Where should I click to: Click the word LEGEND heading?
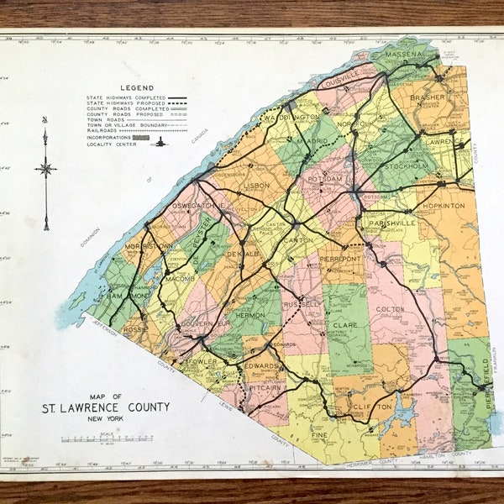pyautogui.click(x=136, y=87)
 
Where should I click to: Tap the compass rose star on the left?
pyautogui.click(x=45, y=169)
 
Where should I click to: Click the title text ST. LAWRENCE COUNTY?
pyautogui.click(x=106, y=407)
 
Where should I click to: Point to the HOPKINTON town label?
pyautogui.click(x=446, y=205)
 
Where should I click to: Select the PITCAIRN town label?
pyautogui.click(x=264, y=389)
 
